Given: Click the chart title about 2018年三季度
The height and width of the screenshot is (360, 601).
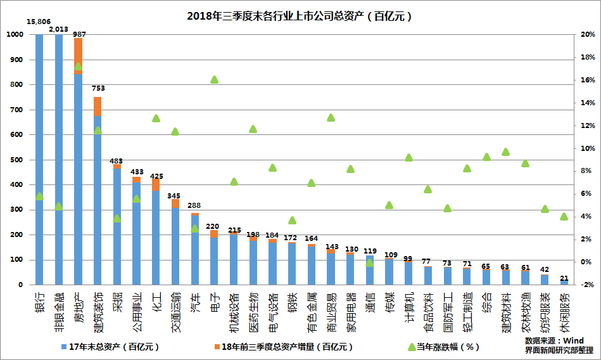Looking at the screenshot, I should [x=300, y=16].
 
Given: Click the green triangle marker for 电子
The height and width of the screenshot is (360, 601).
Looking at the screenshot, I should [x=214, y=80].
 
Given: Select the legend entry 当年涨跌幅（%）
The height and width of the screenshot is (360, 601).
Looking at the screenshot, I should [x=443, y=347].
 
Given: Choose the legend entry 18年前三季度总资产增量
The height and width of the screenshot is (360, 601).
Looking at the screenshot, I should [x=282, y=347].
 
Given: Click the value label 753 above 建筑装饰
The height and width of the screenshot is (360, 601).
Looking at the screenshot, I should [x=98, y=89].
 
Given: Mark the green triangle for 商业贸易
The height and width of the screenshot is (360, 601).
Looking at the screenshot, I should [x=331, y=117].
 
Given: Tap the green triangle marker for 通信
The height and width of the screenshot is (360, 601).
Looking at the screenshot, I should [x=370, y=262].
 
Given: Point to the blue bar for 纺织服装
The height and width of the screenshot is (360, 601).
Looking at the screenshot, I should [x=545, y=280].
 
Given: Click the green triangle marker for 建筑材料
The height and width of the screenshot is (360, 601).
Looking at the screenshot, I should [x=505, y=151].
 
